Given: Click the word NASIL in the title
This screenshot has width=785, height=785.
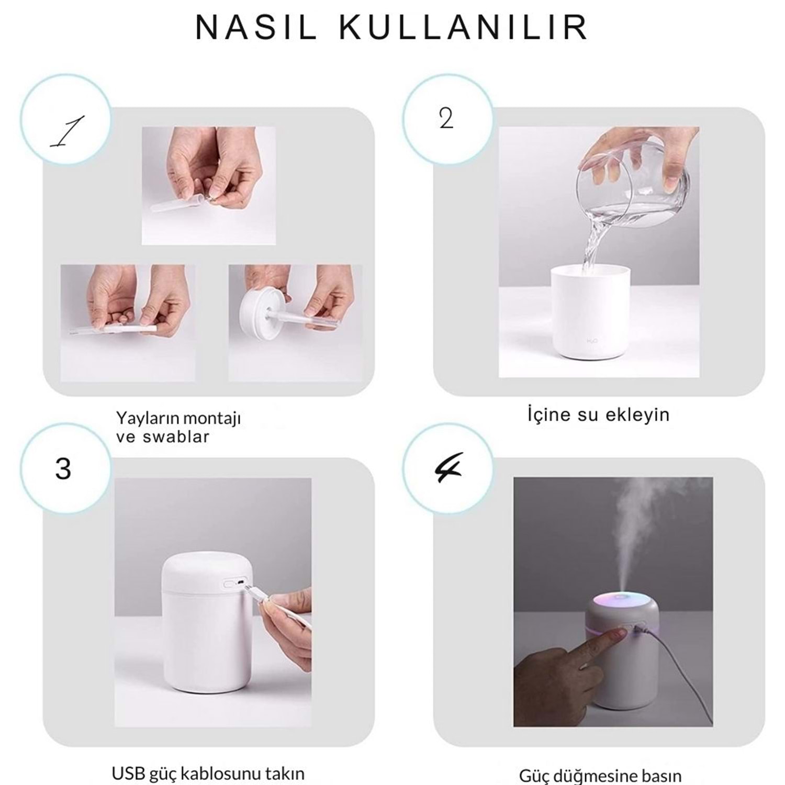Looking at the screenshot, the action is (256, 28).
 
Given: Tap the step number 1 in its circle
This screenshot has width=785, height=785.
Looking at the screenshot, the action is (68, 131).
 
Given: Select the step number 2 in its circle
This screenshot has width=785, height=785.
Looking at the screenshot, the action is (446, 119).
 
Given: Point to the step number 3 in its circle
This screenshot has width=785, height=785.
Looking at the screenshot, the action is (63, 468).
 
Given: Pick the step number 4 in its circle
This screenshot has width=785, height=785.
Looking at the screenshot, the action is (448, 466).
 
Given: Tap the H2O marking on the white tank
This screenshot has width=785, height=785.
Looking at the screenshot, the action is (592, 341).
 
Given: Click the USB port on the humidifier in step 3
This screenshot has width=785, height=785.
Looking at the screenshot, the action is (241, 582).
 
